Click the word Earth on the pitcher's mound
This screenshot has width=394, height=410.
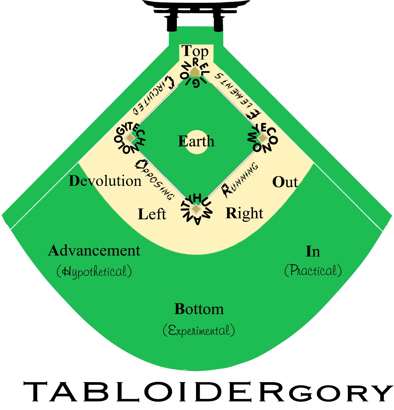(x=196, y=141)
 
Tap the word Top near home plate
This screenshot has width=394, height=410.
(x=195, y=52)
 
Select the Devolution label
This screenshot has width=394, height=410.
(x=105, y=181)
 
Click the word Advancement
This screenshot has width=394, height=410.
(x=94, y=251)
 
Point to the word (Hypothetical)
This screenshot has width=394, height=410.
(x=94, y=271)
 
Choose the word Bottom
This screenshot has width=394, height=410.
(x=199, y=309)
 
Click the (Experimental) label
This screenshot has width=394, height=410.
(x=199, y=330)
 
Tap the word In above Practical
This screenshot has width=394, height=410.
(x=313, y=252)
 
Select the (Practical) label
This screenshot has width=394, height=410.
(x=313, y=270)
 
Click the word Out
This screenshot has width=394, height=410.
(x=285, y=182)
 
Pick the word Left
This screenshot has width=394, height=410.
(x=152, y=214)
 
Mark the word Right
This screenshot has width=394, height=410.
(x=244, y=213)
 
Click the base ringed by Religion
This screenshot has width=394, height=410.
(x=195, y=72)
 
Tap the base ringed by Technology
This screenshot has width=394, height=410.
(x=130, y=138)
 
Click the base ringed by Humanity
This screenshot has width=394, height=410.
(x=196, y=209)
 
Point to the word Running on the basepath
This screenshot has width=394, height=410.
(x=240, y=180)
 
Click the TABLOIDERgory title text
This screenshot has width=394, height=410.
(x=208, y=392)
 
